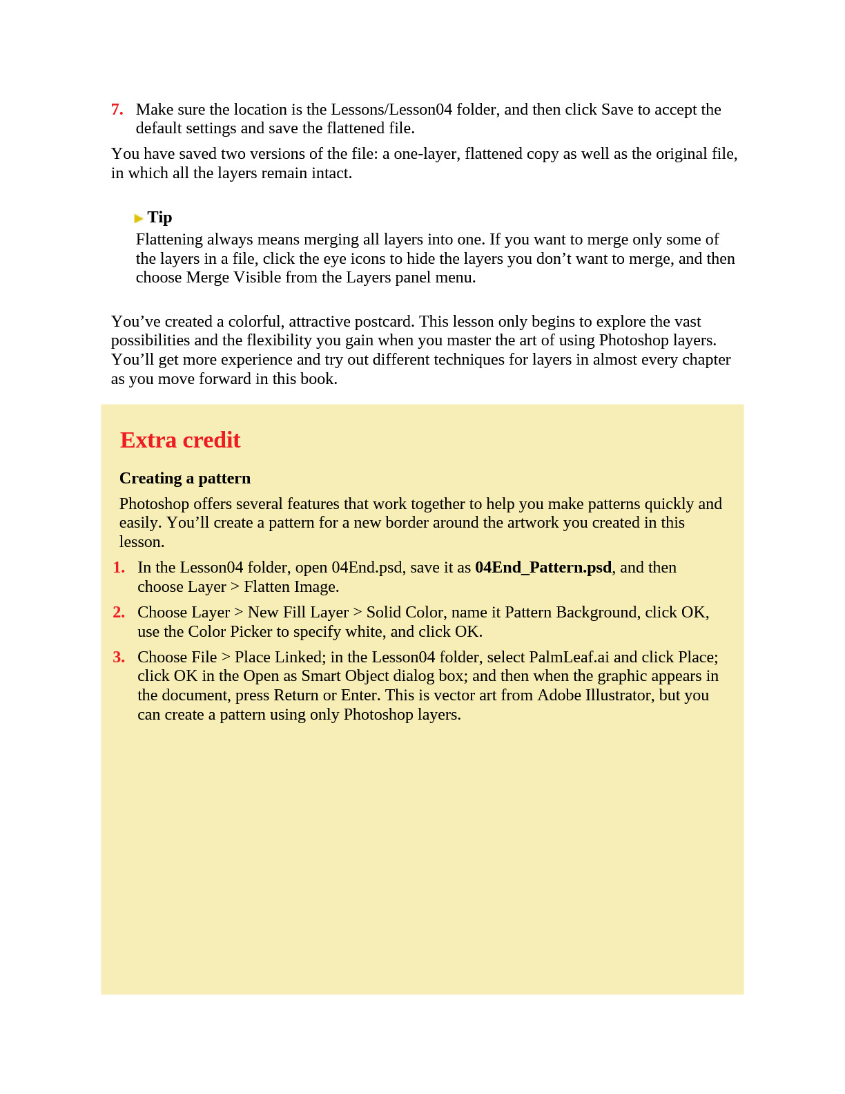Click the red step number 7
click(x=117, y=110)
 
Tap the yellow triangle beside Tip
click(x=139, y=218)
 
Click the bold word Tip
click(x=159, y=218)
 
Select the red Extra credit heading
click(x=180, y=440)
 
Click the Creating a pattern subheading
click(x=185, y=478)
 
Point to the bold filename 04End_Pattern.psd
click(x=543, y=567)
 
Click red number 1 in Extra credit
click(x=119, y=568)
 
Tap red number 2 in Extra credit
click(x=119, y=613)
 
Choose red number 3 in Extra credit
click(x=119, y=658)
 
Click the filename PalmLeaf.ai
click(x=569, y=657)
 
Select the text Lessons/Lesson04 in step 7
click(x=391, y=109)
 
